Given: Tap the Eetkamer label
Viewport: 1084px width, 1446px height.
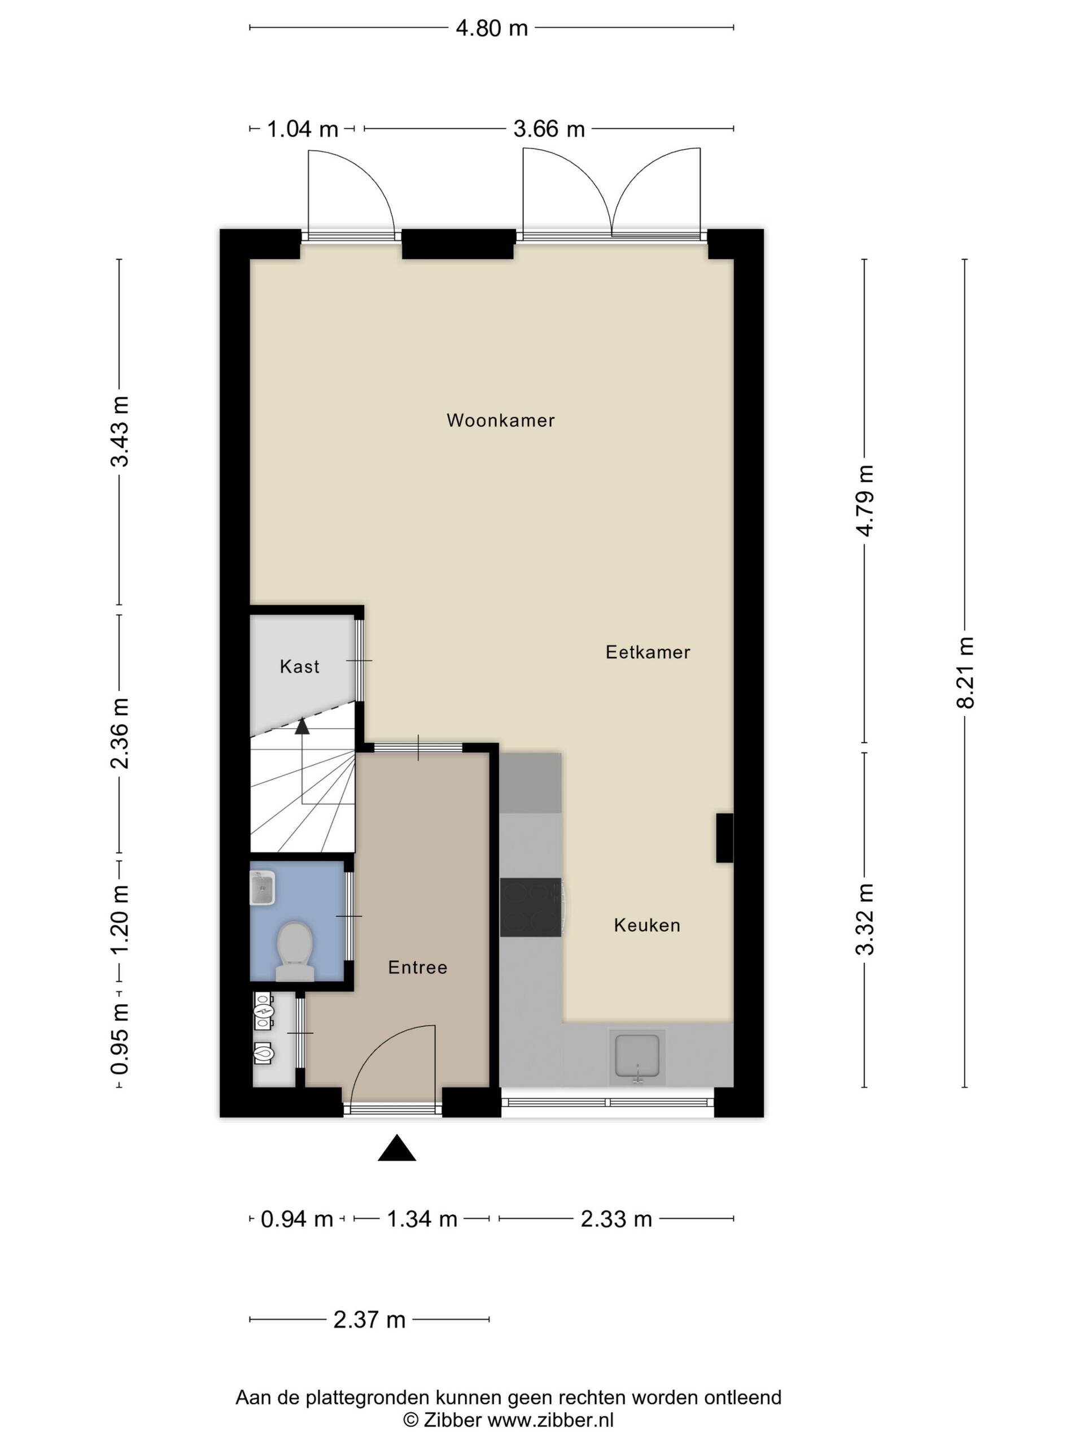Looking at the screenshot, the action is click(x=648, y=652).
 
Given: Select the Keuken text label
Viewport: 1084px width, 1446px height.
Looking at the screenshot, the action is click(x=647, y=925).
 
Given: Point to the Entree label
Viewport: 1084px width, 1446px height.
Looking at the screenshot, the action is click(x=418, y=968).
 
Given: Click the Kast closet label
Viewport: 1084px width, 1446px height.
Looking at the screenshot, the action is click(x=299, y=666).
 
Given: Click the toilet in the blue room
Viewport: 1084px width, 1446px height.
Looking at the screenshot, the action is click(x=295, y=951).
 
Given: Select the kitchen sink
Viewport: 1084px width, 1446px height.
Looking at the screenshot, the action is click(x=637, y=1057).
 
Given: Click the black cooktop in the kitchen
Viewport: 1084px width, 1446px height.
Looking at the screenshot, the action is click(x=531, y=907).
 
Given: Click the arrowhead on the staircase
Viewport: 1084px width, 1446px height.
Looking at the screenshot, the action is click(x=302, y=726).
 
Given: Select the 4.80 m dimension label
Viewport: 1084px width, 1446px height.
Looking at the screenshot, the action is click(x=491, y=28).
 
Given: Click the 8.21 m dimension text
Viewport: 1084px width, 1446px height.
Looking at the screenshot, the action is click(x=965, y=673).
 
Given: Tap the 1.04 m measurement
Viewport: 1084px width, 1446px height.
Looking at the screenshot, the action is click(x=303, y=129).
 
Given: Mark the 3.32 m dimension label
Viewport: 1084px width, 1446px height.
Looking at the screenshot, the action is click(x=865, y=919).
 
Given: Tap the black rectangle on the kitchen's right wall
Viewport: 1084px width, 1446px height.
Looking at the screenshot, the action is click(x=724, y=838).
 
